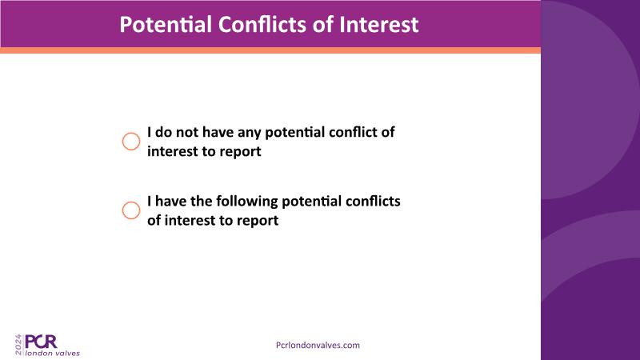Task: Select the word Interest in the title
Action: pos(378,25)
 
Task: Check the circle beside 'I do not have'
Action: pos(131,142)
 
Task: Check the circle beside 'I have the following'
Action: pos(131,210)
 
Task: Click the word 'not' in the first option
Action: pos(187,132)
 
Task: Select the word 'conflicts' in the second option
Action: pos(373,202)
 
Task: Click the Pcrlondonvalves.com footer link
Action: pos(318,346)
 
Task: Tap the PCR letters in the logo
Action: pos(41,342)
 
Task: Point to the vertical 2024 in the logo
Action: pos(18,345)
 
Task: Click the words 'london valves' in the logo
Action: pos(53,353)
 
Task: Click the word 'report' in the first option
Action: pos(240,152)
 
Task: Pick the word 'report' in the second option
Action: pos(258,221)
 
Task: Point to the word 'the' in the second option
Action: pos(202,202)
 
